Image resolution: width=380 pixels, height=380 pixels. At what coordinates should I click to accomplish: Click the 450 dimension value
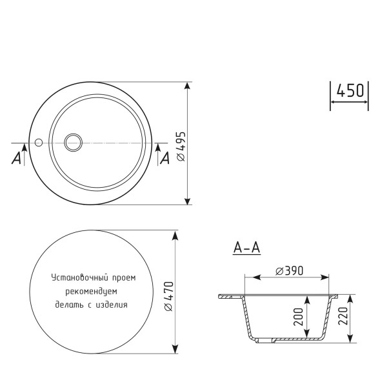pos(349,91)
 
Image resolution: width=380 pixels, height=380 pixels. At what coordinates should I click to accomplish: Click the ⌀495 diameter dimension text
pos(181,146)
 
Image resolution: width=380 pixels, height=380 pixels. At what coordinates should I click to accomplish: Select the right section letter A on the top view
pos(165,157)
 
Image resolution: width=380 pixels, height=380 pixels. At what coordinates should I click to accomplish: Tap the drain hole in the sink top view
pos(73,141)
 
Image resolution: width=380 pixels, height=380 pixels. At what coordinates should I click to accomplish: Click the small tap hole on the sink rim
pos(39,141)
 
